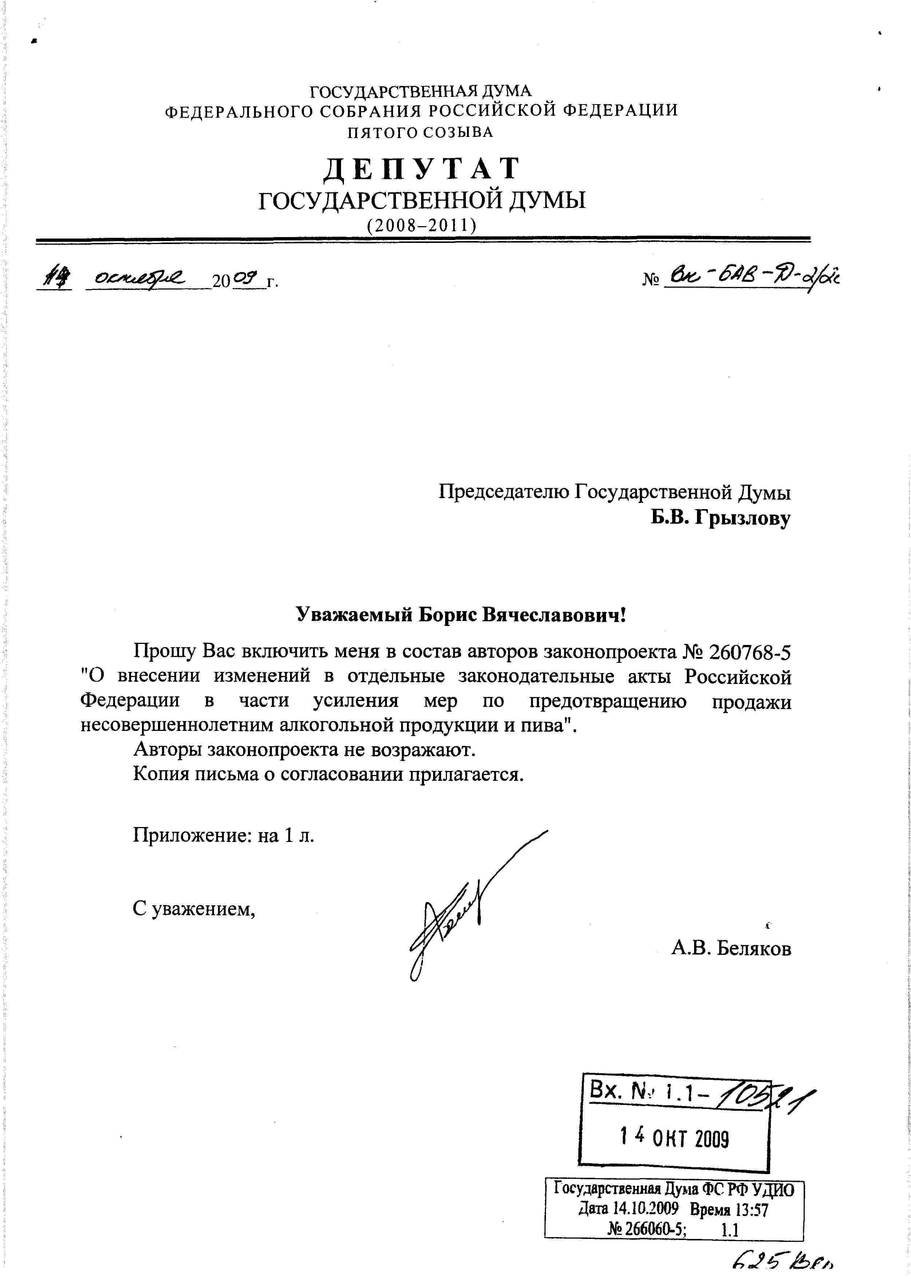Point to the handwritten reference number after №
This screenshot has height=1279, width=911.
[x=752, y=277]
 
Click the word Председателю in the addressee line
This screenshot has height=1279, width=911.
[x=504, y=492]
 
